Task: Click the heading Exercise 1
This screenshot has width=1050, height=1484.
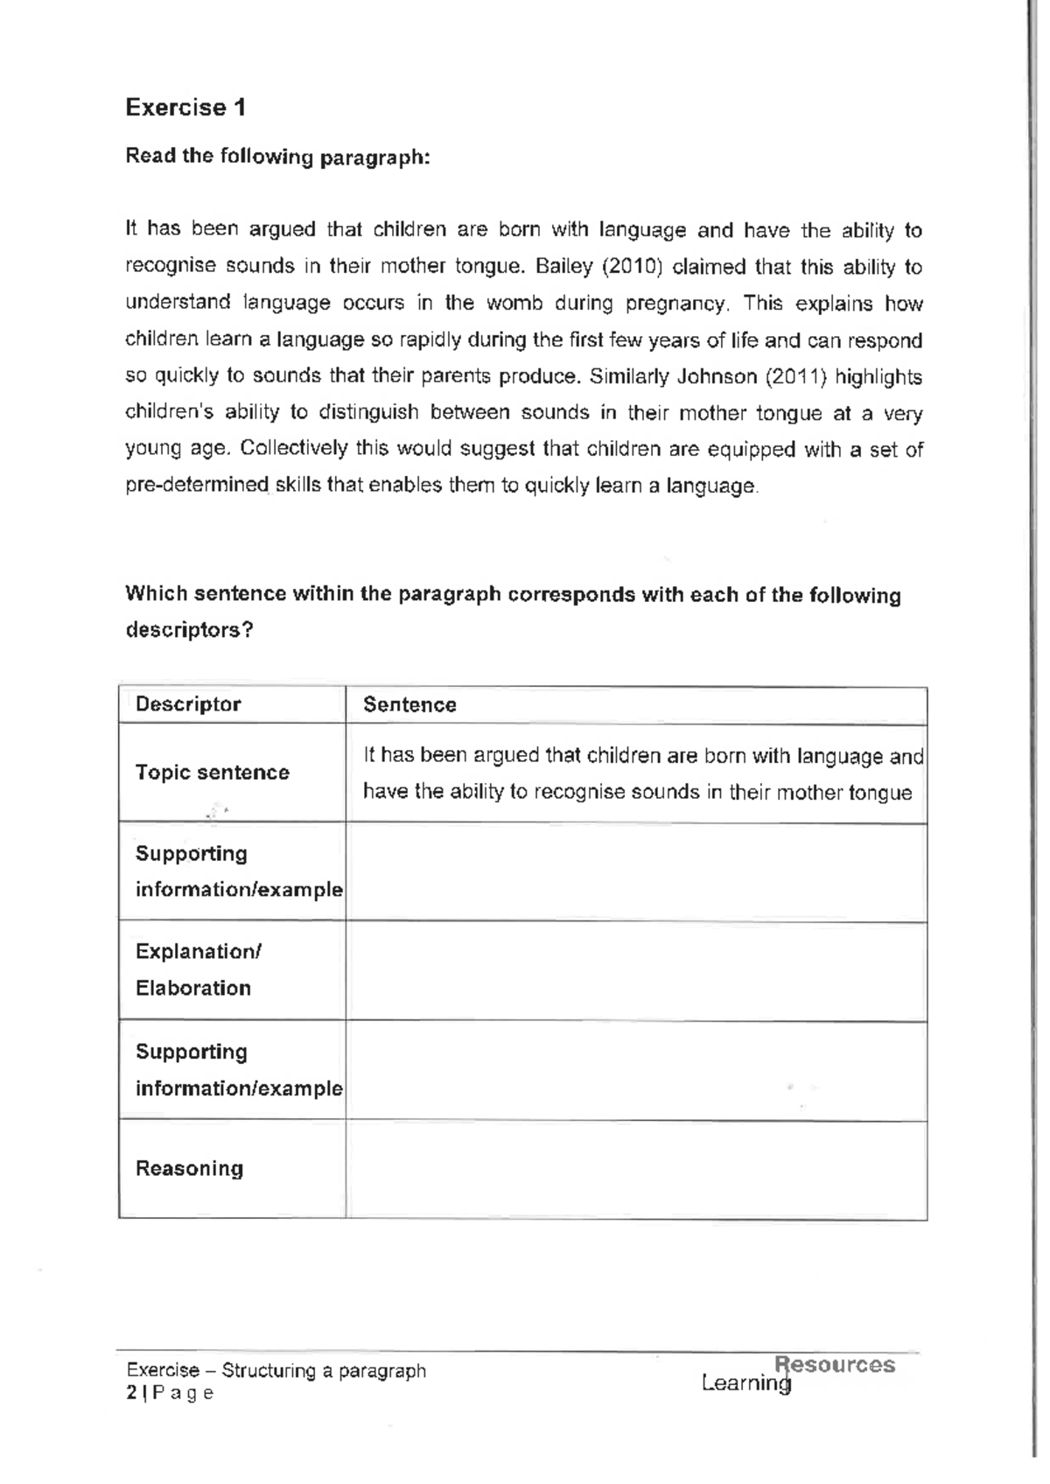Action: click(x=185, y=108)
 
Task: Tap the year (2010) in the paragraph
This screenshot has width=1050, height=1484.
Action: click(x=632, y=267)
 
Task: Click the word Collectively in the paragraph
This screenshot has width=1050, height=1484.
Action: click(x=294, y=449)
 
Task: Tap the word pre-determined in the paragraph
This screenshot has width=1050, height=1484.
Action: click(x=197, y=486)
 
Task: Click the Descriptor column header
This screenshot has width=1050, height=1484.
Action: click(x=188, y=704)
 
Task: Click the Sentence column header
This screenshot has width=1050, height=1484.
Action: click(x=409, y=705)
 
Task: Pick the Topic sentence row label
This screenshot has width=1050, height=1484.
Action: click(x=212, y=773)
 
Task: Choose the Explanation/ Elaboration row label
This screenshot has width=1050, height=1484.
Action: click(x=197, y=969)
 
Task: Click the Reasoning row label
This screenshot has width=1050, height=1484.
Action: click(x=189, y=1168)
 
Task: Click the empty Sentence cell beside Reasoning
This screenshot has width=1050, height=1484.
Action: click(x=636, y=1170)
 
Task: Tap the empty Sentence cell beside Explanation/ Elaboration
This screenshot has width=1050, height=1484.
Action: click(x=636, y=971)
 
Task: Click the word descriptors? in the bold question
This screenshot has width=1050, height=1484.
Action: click(x=189, y=630)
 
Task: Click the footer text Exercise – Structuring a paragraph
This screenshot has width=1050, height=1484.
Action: click(x=276, y=1370)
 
